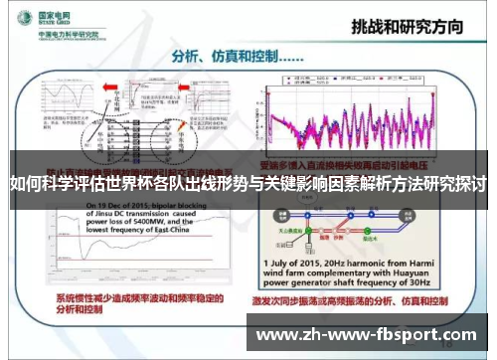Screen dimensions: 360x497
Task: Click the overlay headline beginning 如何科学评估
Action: coord(248,184)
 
